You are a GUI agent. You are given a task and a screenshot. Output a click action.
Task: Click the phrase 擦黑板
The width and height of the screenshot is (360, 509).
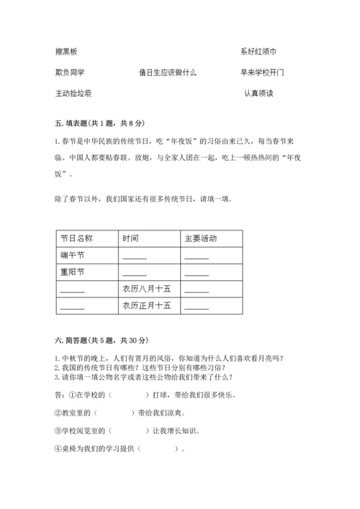(66, 52)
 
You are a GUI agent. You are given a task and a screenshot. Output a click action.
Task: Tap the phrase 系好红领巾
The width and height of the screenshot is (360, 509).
(258, 52)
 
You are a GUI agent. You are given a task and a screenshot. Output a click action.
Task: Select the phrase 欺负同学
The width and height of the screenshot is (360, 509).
(71, 73)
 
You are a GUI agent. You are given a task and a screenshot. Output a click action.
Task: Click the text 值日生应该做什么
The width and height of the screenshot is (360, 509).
(168, 73)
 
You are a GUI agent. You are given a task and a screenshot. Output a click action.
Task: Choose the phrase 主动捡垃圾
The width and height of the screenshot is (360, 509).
(73, 94)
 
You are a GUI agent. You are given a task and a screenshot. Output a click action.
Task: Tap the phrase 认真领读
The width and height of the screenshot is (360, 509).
(258, 94)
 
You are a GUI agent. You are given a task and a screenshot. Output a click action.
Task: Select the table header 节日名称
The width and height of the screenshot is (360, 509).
(76, 238)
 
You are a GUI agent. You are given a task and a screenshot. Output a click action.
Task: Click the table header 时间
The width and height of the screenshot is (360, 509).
(130, 238)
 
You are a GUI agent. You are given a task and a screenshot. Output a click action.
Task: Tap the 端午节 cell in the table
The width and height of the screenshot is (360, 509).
(73, 256)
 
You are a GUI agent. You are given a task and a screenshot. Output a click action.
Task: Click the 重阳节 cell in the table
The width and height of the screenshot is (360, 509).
(73, 272)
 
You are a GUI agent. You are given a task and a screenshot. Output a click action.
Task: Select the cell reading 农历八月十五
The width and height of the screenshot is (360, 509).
(146, 289)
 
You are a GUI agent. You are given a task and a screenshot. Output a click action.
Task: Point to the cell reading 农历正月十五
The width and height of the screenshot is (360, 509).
(146, 306)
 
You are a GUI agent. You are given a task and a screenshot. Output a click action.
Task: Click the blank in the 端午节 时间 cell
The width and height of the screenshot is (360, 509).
(135, 257)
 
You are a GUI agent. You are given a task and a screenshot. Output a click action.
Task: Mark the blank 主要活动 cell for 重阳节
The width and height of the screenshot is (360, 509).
(197, 274)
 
